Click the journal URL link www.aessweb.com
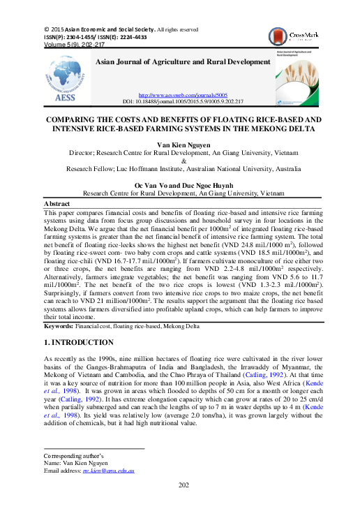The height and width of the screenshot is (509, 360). coord(183,95)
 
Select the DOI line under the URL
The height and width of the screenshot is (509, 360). coord(183,101)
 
